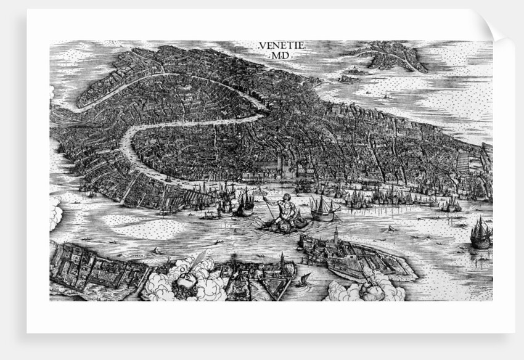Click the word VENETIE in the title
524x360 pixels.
point(274,46)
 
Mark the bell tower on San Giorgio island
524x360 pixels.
point(336,235)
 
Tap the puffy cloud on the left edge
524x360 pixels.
point(55,213)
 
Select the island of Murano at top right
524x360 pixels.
point(395,55)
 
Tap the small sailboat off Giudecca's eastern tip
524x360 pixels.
point(304,280)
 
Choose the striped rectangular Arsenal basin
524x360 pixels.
point(463,163)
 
